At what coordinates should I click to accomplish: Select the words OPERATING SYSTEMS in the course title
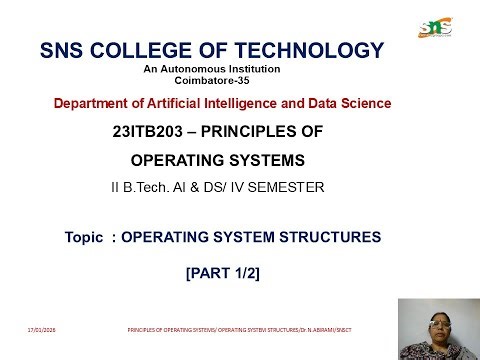[x=218, y=160]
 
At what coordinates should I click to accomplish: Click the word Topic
[x=83, y=237]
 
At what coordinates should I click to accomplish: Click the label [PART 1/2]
[x=223, y=273]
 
